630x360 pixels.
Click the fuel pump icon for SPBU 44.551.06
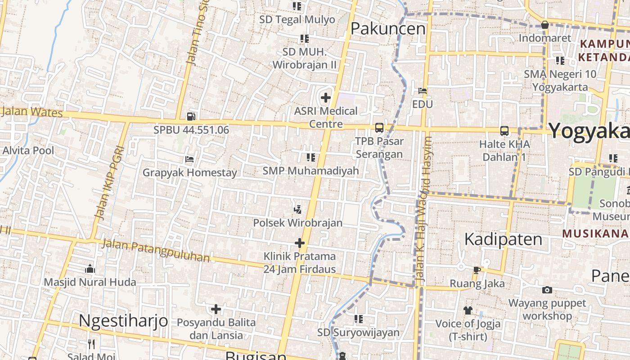pyautogui.click(x=191, y=117)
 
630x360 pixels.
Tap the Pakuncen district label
pyautogui.click(x=387, y=29)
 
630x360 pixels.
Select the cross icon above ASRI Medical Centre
pyautogui.click(x=326, y=97)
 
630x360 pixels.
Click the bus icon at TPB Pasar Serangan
pyautogui.click(x=379, y=128)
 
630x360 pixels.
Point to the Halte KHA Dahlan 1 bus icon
pyautogui.click(x=504, y=131)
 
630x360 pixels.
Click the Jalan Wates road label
pyautogui.click(x=32, y=111)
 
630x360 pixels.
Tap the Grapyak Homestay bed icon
pyautogui.click(x=189, y=159)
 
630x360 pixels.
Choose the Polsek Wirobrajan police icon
pyautogui.click(x=297, y=209)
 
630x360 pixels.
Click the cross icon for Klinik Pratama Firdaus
pyautogui.click(x=299, y=243)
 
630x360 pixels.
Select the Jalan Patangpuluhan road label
pyautogui.click(x=156, y=250)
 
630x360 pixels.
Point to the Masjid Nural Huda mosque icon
pyautogui.click(x=90, y=269)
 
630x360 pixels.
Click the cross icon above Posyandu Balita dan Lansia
pyautogui.click(x=216, y=309)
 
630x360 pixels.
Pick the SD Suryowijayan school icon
pyautogui.click(x=358, y=319)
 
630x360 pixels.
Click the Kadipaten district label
pyautogui.click(x=503, y=239)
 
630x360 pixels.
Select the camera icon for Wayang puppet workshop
pyautogui.click(x=547, y=290)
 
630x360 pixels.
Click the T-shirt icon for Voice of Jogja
pyautogui.click(x=468, y=310)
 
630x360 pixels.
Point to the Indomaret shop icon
pyautogui.click(x=544, y=25)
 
